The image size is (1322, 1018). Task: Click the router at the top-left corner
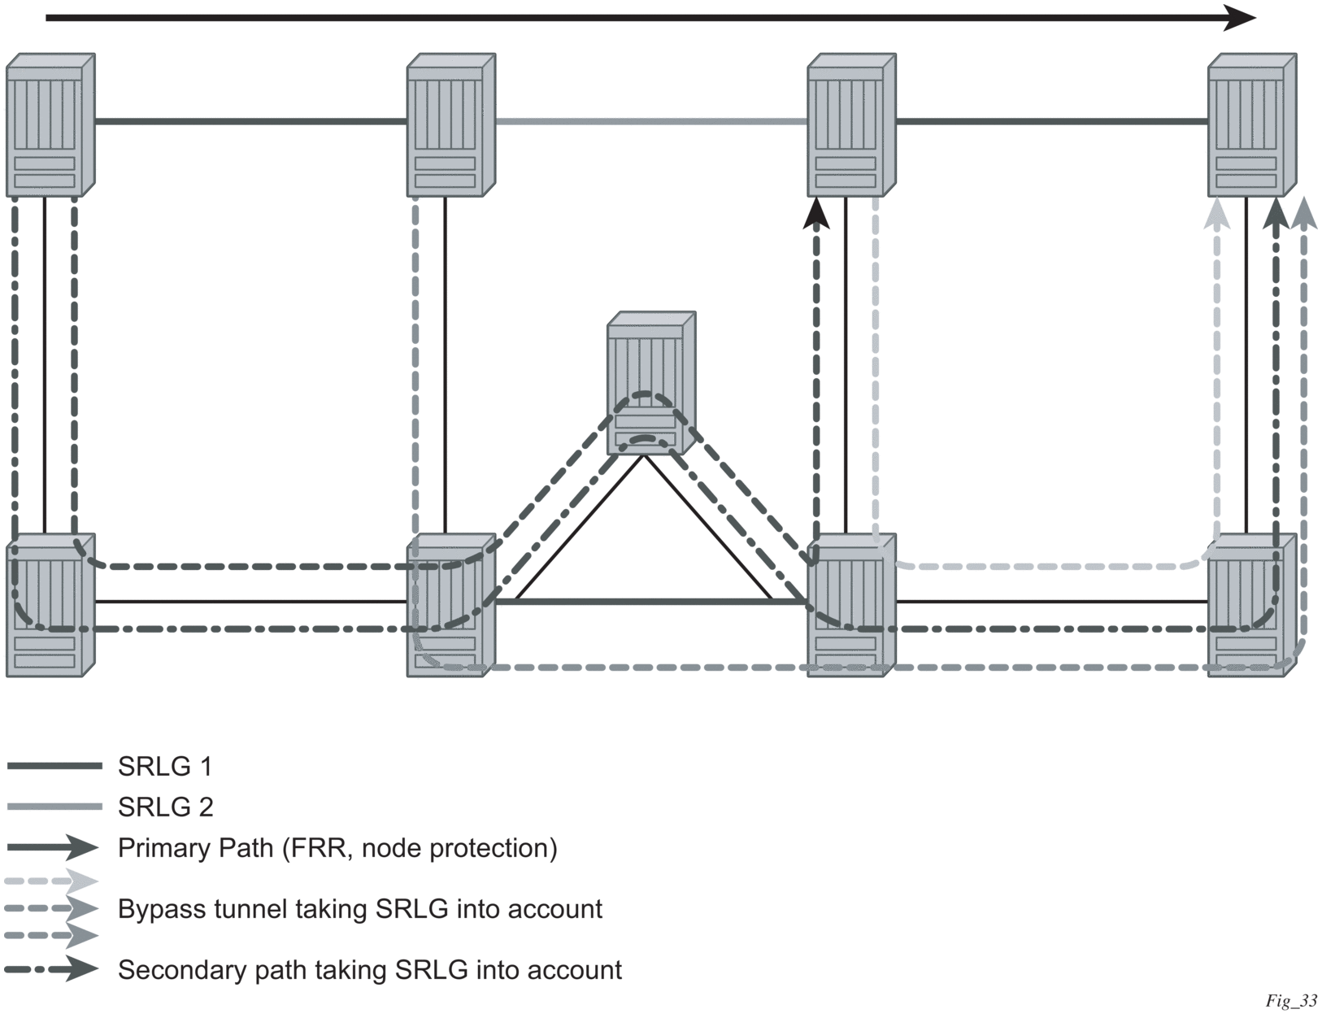(x=50, y=124)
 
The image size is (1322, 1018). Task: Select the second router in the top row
(x=450, y=124)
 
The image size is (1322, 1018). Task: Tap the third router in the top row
(x=850, y=124)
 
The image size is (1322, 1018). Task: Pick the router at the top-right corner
(x=1251, y=124)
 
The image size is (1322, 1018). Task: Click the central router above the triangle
(x=650, y=382)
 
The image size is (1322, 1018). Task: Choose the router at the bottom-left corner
(x=50, y=605)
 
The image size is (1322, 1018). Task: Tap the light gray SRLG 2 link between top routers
(x=650, y=122)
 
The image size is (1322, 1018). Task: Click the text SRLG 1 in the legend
(x=165, y=766)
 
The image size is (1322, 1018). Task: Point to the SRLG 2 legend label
(x=165, y=807)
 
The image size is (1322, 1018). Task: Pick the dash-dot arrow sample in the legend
(x=51, y=969)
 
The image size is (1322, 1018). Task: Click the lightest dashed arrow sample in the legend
(x=51, y=881)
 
